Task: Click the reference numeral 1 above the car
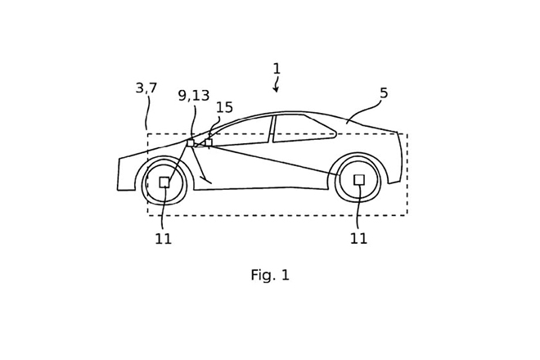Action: click(x=277, y=69)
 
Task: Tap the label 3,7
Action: click(x=146, y=88)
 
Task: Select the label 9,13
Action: click(x=194, y=96)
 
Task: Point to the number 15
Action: click(x=224, y=108)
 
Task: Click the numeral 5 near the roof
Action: click(x=384, y=93)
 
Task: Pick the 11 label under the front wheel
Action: click(x=164, y=239)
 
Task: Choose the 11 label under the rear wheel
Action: click(x=358, y=239)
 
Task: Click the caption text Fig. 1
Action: click(x=270, y=276)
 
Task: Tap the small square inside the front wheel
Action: click(x=164, y=182)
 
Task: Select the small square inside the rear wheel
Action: click(x=359, y=179)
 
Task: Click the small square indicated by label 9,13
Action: click(x=191, y=143)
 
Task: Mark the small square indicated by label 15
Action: click(x=209, y=142)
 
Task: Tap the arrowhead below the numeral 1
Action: click(x=277, y=89)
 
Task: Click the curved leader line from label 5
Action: click(x=365, y=110)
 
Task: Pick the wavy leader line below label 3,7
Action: click(x=148, y=113)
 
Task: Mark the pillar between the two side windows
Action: click(x=272, y=129)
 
